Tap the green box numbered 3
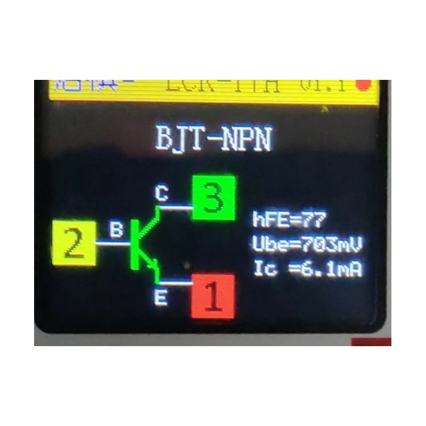[214, 198]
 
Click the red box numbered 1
[213, 296]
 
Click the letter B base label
[116, 230]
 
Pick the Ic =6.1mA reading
[308, 269]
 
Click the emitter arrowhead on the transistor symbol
[153, 265]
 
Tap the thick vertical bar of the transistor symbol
[134, 244]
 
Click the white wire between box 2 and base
[113, 243]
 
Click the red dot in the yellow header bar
[364, 86]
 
